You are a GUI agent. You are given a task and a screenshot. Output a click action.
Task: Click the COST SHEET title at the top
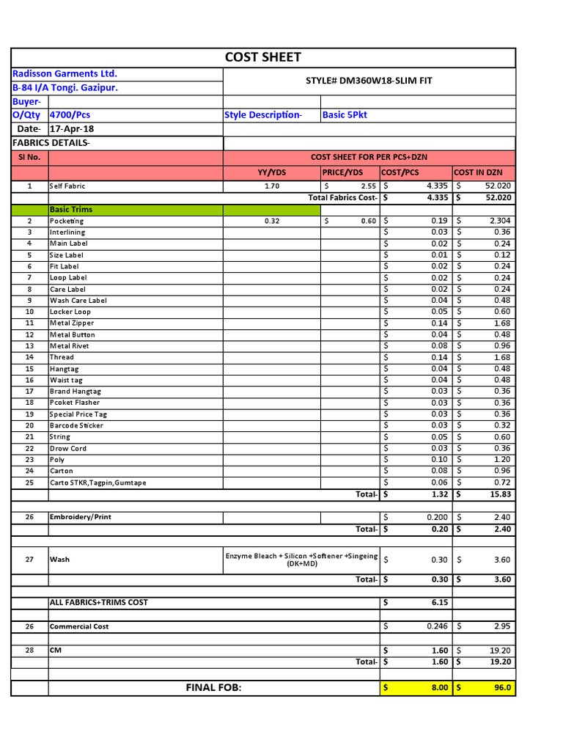click(x=262, y=57)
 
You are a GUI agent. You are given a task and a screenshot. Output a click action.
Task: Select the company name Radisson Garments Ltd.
click(x=65, y=74)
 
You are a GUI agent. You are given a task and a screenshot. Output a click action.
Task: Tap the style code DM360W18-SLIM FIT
click(x=369, y=81)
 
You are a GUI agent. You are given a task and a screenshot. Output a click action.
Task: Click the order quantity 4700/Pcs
click(x=70, y=115)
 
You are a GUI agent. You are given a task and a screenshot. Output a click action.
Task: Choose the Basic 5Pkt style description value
click(x=344, y=115)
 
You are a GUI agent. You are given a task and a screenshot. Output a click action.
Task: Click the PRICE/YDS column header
click(x=342, y=172)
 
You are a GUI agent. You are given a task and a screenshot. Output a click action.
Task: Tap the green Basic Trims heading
click(x=71, y=210)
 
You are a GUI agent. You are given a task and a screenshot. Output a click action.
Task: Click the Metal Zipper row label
click(x=72, y=323)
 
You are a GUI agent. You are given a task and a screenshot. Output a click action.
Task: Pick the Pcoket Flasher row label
click(x=75, y=403)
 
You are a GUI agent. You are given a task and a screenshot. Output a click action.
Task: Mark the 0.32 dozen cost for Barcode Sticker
click(x=502, y=425)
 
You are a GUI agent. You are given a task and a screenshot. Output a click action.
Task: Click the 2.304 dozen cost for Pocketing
click(x=499, y=221)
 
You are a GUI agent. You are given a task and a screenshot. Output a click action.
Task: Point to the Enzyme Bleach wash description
click(x=301, y=560)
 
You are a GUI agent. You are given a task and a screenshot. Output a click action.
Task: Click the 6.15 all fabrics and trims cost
click(x=439, y=603)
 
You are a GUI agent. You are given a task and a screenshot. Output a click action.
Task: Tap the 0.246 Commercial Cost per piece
click(x=437, y=626)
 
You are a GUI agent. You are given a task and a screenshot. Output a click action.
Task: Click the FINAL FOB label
click(x=213, y=688)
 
